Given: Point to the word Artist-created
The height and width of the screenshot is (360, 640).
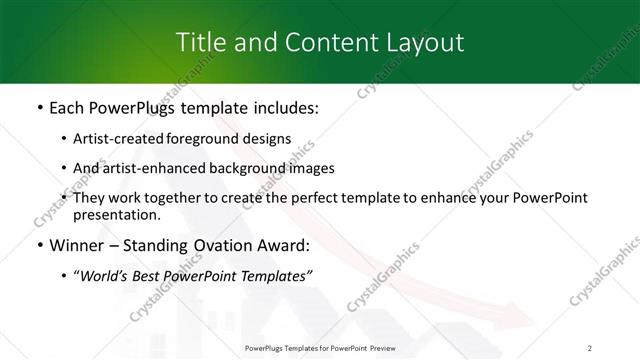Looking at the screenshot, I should coord(112,139).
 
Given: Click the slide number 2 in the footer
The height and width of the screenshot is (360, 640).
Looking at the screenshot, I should coord(590,347).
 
